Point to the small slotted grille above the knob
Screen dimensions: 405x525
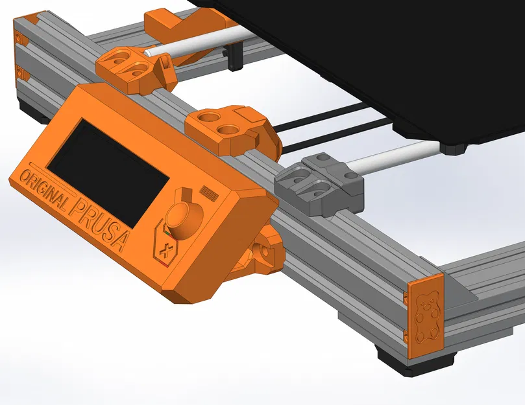[208, 192]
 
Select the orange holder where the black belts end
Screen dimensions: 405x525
[230, 130]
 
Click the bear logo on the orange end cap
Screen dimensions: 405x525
[425, 318]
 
